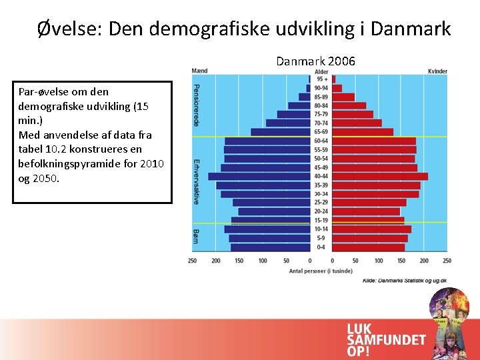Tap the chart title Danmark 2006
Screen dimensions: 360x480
click(316, 61)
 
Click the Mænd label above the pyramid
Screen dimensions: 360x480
click(199, 71)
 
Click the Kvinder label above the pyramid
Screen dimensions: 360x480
click(437, 71)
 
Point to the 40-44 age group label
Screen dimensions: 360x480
click(321, 177)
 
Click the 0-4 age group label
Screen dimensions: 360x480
click(321, 247)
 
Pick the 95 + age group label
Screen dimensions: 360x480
click(321, 79)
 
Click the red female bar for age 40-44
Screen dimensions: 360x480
click(379, 177)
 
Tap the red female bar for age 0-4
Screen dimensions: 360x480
click(368, 247)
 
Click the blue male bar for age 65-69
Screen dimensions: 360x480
click(280, 132)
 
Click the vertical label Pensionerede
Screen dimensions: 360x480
click(196, 105)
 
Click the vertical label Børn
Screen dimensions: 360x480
click(196, 236)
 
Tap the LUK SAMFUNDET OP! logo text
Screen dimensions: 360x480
click(385, 339)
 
